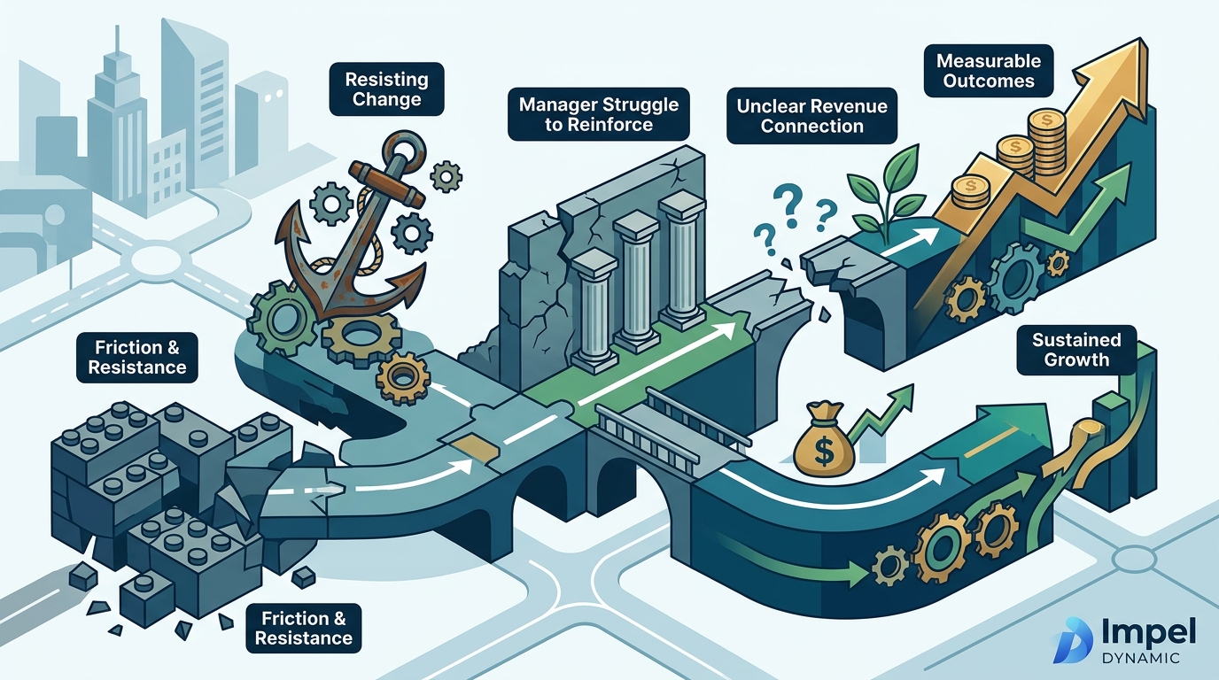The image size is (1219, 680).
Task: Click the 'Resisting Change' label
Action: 386,89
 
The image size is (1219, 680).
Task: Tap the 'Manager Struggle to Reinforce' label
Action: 599,114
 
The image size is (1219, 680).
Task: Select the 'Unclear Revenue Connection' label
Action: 812,116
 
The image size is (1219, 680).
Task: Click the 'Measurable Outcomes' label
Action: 989,71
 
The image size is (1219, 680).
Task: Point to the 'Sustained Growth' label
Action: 1076,350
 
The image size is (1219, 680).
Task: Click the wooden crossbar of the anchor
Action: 385,184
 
